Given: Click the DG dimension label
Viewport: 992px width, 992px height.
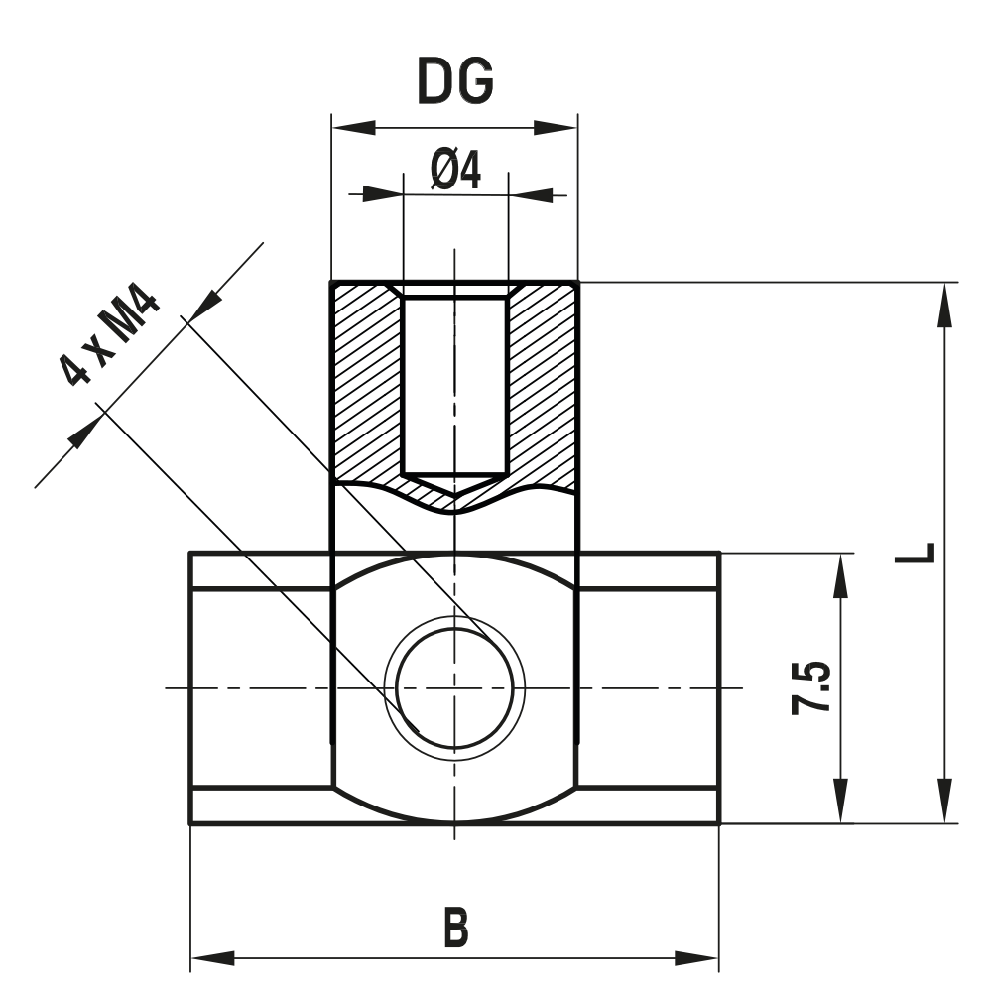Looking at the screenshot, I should (454, 82).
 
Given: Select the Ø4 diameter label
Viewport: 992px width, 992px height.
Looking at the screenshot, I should (455, 170).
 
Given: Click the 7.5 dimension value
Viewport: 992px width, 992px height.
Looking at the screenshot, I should (811, 688).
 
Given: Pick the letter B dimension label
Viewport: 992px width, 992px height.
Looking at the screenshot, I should (454, 930).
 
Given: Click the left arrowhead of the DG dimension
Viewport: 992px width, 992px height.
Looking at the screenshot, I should (353, 128).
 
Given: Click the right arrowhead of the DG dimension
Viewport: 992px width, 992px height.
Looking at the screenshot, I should (555, 128).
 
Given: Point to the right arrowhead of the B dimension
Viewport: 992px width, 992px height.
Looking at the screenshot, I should (695, 958).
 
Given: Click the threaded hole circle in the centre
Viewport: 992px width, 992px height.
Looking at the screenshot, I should (454, 685).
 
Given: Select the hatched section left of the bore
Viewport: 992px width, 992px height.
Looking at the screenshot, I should (367, 382).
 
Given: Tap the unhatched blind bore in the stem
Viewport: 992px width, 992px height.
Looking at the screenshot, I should (454, 382).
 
